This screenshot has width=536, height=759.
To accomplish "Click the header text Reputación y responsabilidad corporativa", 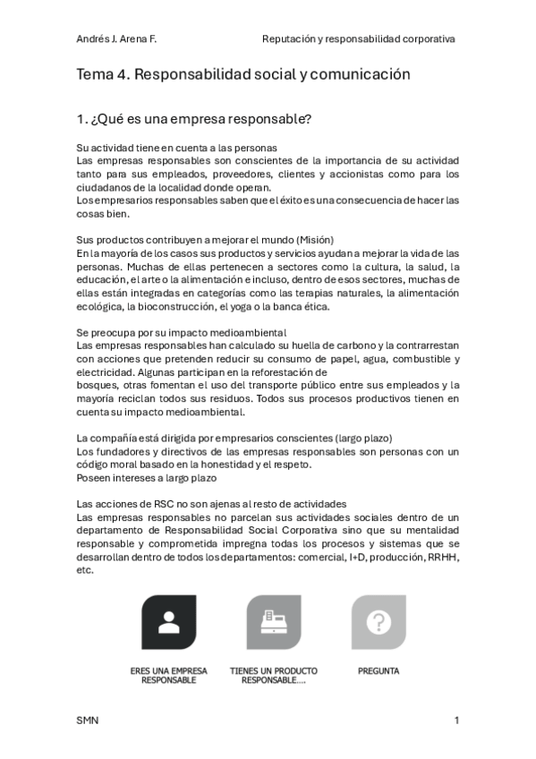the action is pos(358,39).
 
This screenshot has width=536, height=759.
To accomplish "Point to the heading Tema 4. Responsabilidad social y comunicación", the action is pos(243,74).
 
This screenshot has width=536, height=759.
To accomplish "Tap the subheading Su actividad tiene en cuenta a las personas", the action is pos(176,148).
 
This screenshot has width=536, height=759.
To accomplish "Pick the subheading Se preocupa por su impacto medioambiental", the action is pos(182,333).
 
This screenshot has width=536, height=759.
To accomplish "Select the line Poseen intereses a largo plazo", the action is pos(147,478).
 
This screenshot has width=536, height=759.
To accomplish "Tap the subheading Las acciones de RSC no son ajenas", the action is pos(211,505).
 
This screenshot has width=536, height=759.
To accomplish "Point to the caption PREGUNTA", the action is pos(379,670).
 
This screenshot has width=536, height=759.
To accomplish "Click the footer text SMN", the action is pos(88,721).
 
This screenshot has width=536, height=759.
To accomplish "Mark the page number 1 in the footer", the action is pos(456,721).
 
